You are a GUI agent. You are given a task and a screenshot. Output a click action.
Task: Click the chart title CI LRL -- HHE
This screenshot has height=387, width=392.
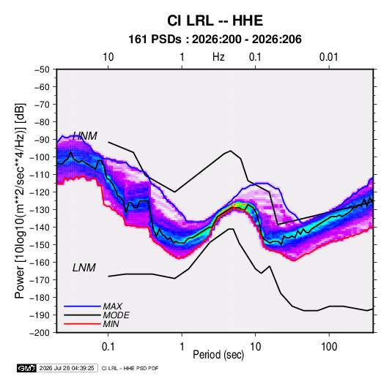[x=215, y=20]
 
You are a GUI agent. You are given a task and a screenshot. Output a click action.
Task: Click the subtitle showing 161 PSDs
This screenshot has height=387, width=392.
[x=215, y=40]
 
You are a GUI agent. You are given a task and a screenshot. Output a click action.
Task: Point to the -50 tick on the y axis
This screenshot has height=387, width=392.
[x=42, y=69]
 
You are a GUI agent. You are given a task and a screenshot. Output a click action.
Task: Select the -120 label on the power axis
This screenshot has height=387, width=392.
[x=40, y=192]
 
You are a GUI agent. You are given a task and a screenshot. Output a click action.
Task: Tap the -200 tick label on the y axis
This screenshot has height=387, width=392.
[x=40, y=333]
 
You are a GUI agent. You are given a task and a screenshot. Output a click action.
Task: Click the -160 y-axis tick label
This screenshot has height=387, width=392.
[x=40, y=263]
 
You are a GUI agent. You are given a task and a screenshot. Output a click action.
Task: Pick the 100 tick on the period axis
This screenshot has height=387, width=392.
[x=329, y=347]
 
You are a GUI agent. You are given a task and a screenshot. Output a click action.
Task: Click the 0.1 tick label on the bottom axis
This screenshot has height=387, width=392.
[x=108, y=347]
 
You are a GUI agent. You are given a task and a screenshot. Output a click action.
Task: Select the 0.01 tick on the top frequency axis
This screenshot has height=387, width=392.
[x=328, y=57]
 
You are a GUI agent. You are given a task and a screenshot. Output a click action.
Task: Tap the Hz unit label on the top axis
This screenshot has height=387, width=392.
[x=218, y=57]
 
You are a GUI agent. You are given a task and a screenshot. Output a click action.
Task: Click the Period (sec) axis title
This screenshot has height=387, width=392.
[x=218, y=355]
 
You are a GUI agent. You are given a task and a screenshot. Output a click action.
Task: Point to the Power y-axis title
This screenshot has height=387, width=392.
[x=20, y=200]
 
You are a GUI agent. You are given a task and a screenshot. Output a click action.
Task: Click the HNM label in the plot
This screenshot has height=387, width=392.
[x=85, y=136]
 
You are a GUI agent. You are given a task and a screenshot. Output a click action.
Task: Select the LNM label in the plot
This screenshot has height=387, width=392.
[x=84, y=268]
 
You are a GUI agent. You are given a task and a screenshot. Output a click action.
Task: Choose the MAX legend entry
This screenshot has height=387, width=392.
[x=113, y=307]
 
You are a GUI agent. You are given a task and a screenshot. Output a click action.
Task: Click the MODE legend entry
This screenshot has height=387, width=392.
[x=116, y=315]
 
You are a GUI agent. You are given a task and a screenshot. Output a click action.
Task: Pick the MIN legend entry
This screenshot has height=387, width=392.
[x=111, y=324]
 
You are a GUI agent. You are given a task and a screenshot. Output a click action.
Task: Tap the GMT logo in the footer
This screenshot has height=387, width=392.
[x=27, y=368]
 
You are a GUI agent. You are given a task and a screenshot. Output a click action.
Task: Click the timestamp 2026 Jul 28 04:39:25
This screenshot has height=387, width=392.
[x=67, y=368]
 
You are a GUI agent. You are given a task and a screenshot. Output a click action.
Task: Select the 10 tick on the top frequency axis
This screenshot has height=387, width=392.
[x=108, y=57]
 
